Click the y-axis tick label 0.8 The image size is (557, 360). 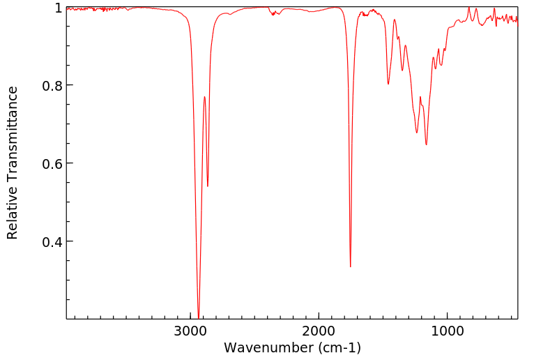click(53, 86)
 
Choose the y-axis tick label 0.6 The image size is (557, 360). click(53, 164)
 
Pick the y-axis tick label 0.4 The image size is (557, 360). click(53, 242)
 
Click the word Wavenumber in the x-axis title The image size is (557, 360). click(266, 347)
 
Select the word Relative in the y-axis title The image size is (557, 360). click(13, 213)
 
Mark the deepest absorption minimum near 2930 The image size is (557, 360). click(199, 317)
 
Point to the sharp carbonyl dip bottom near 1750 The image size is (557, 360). click(351, 267)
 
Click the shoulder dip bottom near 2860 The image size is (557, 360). click(208, 186)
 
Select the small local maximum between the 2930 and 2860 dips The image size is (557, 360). click(204, 97)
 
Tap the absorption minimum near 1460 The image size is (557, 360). click(388, 84)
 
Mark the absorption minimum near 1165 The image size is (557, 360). click(426, 144)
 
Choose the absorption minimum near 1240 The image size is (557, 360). click(416, 133)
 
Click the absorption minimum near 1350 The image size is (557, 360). click(402, 70)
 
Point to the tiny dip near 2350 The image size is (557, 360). click(274, 15)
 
